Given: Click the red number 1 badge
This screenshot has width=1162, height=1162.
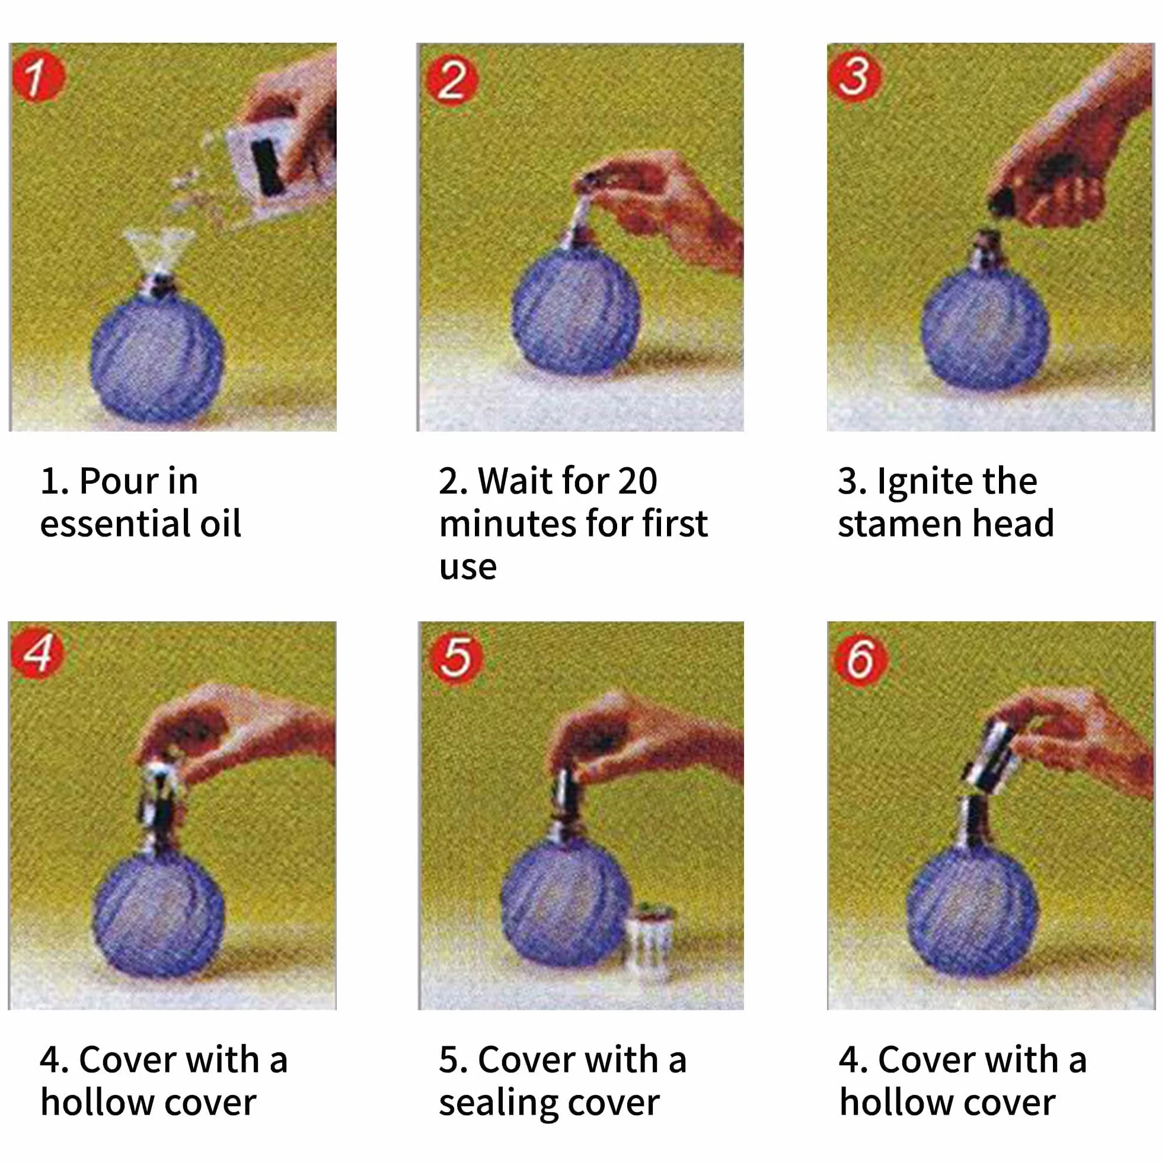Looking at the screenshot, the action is pos(37,77).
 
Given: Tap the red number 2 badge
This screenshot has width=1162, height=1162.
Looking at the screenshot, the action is pos(452,80).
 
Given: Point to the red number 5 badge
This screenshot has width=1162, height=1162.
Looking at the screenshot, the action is pos(456,656).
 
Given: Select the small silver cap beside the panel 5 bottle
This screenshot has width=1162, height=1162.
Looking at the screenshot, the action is pos(650,939).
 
